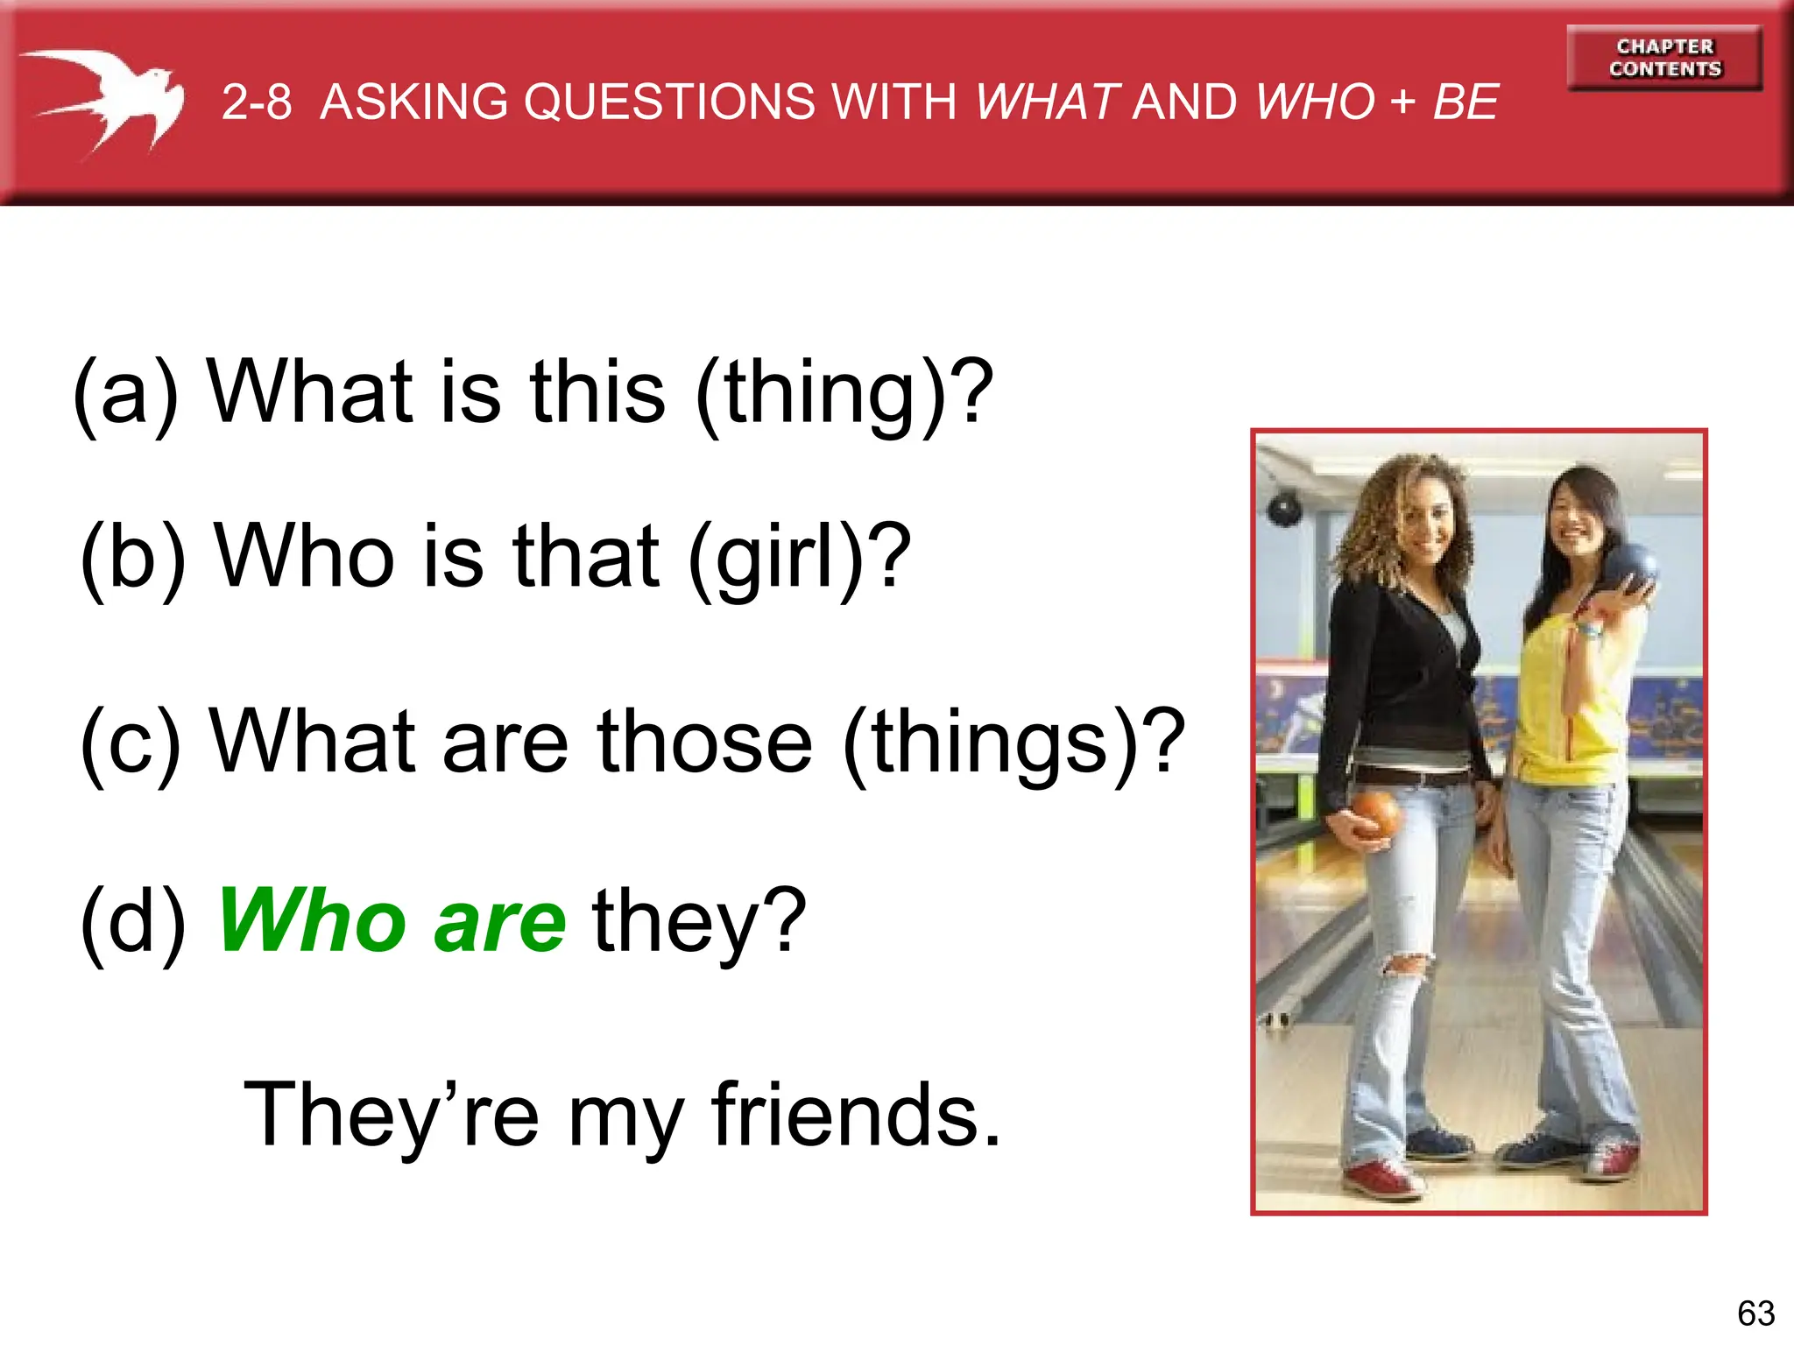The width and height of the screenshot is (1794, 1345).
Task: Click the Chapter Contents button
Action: [1664, 58]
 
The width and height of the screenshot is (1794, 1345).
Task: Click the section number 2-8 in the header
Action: [256, 102]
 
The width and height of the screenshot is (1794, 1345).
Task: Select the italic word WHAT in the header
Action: [1048, 102]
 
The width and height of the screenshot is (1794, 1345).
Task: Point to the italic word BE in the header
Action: [1466, 102]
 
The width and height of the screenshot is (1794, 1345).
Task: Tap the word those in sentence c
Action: [705, 742]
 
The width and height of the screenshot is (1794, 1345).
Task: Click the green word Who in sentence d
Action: [311, 921]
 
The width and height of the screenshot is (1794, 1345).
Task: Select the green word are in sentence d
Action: [500, 923]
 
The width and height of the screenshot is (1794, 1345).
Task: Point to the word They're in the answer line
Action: [391, 1115]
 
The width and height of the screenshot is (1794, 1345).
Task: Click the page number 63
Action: [1755, 1313]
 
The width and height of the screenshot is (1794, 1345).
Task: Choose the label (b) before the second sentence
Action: [132, 558]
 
